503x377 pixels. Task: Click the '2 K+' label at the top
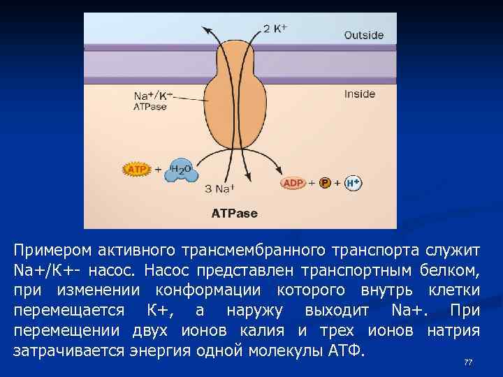click(x=275, y=29)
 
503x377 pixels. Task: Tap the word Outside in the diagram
click(x=363, y=35)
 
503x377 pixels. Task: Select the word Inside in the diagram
click(x=360, y=94)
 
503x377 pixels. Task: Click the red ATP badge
click(x=137, y=170)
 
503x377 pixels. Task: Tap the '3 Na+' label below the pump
click(x=219, y=188)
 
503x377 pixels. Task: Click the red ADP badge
click(x=293, y=183)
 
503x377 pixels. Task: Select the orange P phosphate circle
click(x=324, y=183)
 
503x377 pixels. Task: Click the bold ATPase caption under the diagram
click(x=235, y=214)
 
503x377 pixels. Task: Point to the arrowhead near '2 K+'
click(x=207, y=28)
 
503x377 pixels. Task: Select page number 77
click(x=468, y=362)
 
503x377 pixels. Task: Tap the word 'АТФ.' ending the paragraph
click(x=346, y=349)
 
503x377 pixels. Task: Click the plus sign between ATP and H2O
click(x=158, y=170)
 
